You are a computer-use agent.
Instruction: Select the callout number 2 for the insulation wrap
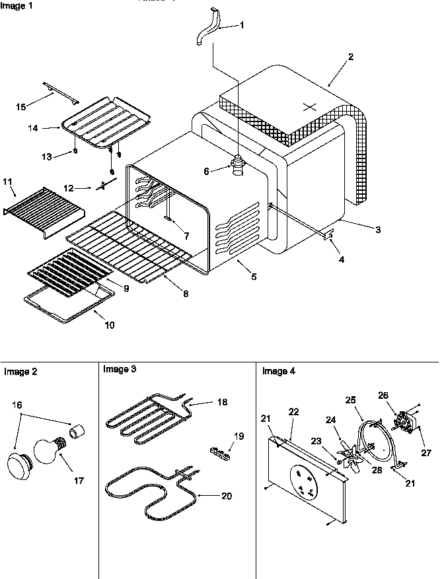tap(350, 57)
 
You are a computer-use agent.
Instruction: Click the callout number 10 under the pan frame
tap(109, 325)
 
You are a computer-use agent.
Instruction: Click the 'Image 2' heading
tap(20, 372)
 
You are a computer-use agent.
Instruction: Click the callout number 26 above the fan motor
tap(383, 396)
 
